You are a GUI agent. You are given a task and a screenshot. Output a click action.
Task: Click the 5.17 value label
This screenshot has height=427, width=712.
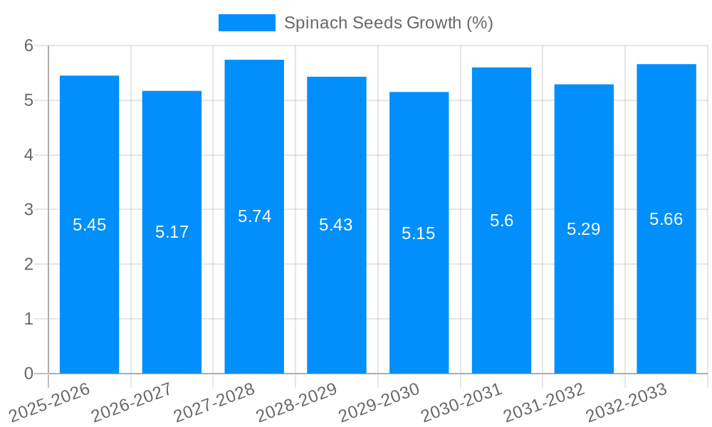pos(172,232)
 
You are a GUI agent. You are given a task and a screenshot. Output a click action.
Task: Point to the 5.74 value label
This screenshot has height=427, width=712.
pos(254,216)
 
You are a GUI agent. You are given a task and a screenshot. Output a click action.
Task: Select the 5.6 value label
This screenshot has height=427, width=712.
pos(501,221)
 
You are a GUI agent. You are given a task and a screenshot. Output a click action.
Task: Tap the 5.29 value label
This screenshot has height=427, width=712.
pos(583,229)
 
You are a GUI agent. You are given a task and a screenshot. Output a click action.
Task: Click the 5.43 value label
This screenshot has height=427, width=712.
pos(336,225)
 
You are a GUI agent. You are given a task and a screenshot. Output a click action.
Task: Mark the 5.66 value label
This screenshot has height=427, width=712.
pos(666,219)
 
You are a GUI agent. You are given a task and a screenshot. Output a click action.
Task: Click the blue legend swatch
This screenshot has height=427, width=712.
pos(246,23)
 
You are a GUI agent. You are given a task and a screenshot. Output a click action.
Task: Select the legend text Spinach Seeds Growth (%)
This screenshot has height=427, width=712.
pos(388,23)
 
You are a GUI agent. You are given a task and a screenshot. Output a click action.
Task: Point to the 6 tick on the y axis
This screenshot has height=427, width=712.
pos(29,46)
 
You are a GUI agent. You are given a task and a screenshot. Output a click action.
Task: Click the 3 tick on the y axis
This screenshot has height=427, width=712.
pos(29,210)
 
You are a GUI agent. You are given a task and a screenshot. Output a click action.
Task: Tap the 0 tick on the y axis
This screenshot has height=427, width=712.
pos(29,374)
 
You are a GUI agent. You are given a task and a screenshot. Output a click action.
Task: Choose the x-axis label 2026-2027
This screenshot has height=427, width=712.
pos(132,403)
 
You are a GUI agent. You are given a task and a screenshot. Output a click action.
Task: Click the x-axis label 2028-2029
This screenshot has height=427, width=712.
pos(297,403)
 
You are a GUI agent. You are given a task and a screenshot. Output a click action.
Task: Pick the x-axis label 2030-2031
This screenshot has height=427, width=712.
pos(462,403)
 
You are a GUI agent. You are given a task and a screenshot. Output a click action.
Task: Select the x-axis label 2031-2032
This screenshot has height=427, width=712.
pos(545,403)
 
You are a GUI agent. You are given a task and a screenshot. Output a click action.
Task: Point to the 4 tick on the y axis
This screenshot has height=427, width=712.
pos(29,155)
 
